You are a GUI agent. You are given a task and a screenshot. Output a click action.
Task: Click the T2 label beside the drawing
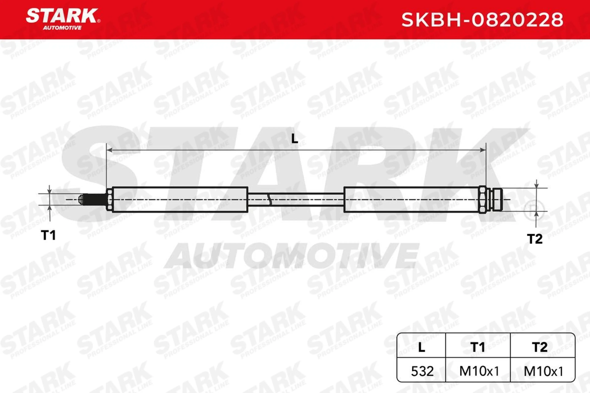point(535,239)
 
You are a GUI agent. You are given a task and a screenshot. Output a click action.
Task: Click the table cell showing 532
point(422,371)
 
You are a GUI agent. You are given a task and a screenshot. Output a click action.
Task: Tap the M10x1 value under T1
point(479,371)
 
